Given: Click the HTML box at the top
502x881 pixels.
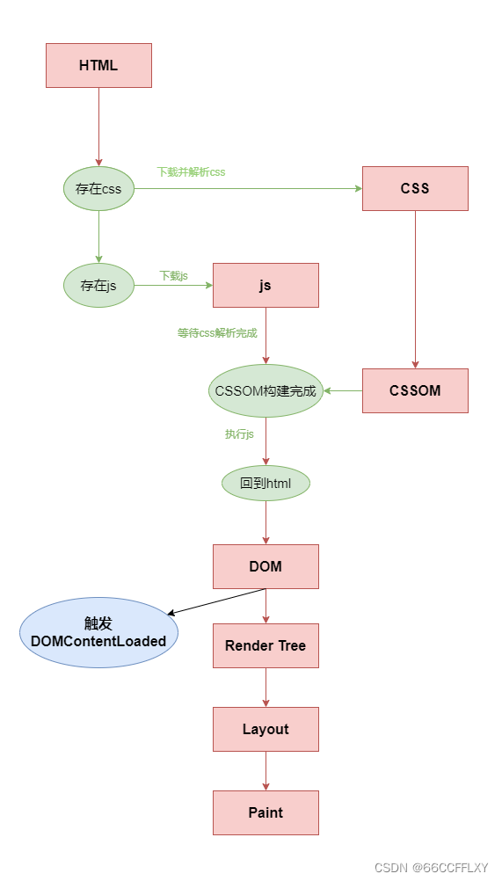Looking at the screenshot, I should pyautogui.click(x=98, y=66).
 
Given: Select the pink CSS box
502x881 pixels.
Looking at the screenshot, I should pyautogui.click(x=415, y=188).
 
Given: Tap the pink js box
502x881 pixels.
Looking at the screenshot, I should pyautogui.click(x=266, y=285).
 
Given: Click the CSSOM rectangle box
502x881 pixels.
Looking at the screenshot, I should pyautogui.click(x=415, y=390).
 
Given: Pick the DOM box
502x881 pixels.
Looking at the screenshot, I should pyautogui.click(x=266, y=566).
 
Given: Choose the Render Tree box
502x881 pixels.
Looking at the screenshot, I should pyautogui.click(x=266, y=645).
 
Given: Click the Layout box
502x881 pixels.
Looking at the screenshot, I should pyautogui.click(x=266, y=729).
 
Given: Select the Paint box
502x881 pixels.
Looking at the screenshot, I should pyautogui.click(x=266, y=812).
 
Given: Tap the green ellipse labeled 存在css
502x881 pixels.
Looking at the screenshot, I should pyautogui.click(x=98, y=188).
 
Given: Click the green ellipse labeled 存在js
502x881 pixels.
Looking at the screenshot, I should pyautogui.click(x=98, y=285).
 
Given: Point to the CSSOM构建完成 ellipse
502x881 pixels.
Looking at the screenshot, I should pyautogui.click(x=266, y=390).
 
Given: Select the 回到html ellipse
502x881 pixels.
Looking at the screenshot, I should pyautogui.click(x=266, y=483).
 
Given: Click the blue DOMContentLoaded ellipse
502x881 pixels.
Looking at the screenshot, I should pyautogui.click(x=98, y=632).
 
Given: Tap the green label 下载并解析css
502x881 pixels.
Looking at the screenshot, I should pyautogui.click(x=191, y=172).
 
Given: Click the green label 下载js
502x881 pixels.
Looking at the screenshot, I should pyautogui.click(x=173, y=276).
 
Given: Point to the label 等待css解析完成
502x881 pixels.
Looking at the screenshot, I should pyautogui.click(x=217, y=333).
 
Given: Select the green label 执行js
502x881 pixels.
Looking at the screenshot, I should pyautogui.click(x=239, y=434).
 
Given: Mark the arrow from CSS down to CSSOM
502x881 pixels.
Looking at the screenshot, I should pyautogui.click(x=415, y=290).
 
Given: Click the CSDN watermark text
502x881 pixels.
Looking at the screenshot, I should pyautogui.click(x=431, y=867).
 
